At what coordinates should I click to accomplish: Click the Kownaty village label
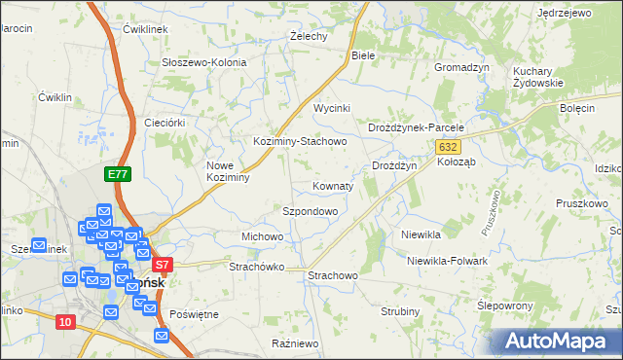click(333, 185)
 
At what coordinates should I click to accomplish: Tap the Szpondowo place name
click(310, 211)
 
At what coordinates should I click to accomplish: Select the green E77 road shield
click(118, 174)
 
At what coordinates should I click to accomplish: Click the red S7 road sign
click(162, 264)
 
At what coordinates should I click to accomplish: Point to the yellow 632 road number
click(447, 146)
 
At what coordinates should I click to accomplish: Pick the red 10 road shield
click(65, 322)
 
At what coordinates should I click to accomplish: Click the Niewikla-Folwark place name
click(447, 261)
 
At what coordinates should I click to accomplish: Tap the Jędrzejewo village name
click(565, 13)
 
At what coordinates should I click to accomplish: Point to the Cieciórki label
click(164, 123)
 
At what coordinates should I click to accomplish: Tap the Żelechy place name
click(309, 36)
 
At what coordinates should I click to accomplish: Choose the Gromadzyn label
click(461, 67)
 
